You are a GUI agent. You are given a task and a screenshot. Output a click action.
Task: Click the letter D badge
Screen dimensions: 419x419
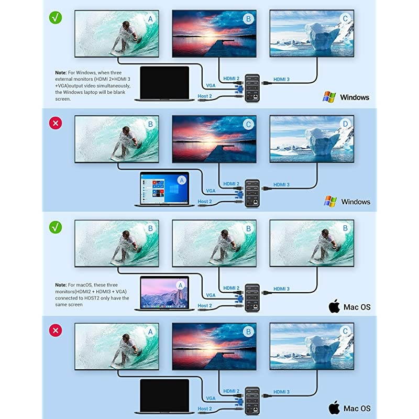click(x=345, y=124)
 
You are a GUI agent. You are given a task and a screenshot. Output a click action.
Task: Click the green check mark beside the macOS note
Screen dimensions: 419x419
click(x=55, y=227)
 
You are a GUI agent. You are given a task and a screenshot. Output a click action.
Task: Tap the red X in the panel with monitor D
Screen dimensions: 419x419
click(x=55, y=123)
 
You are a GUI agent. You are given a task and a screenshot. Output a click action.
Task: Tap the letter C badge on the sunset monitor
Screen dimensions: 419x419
click(x=248, y=124)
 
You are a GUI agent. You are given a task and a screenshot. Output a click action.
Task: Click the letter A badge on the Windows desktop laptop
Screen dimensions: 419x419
click(x=182, y=180)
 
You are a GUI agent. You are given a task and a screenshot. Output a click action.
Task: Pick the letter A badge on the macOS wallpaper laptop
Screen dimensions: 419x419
click(x=182, y=284)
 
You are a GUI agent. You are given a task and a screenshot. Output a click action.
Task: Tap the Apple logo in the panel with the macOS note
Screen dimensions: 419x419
click(x=334, y=306)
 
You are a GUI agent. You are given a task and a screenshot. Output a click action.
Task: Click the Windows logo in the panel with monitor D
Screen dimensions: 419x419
click(x=330, y=201)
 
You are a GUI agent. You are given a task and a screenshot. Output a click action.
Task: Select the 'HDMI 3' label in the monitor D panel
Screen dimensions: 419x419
click(x=281, y=184)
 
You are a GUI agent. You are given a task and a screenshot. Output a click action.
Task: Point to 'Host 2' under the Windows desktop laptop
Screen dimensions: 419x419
click(x=205, y=201)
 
